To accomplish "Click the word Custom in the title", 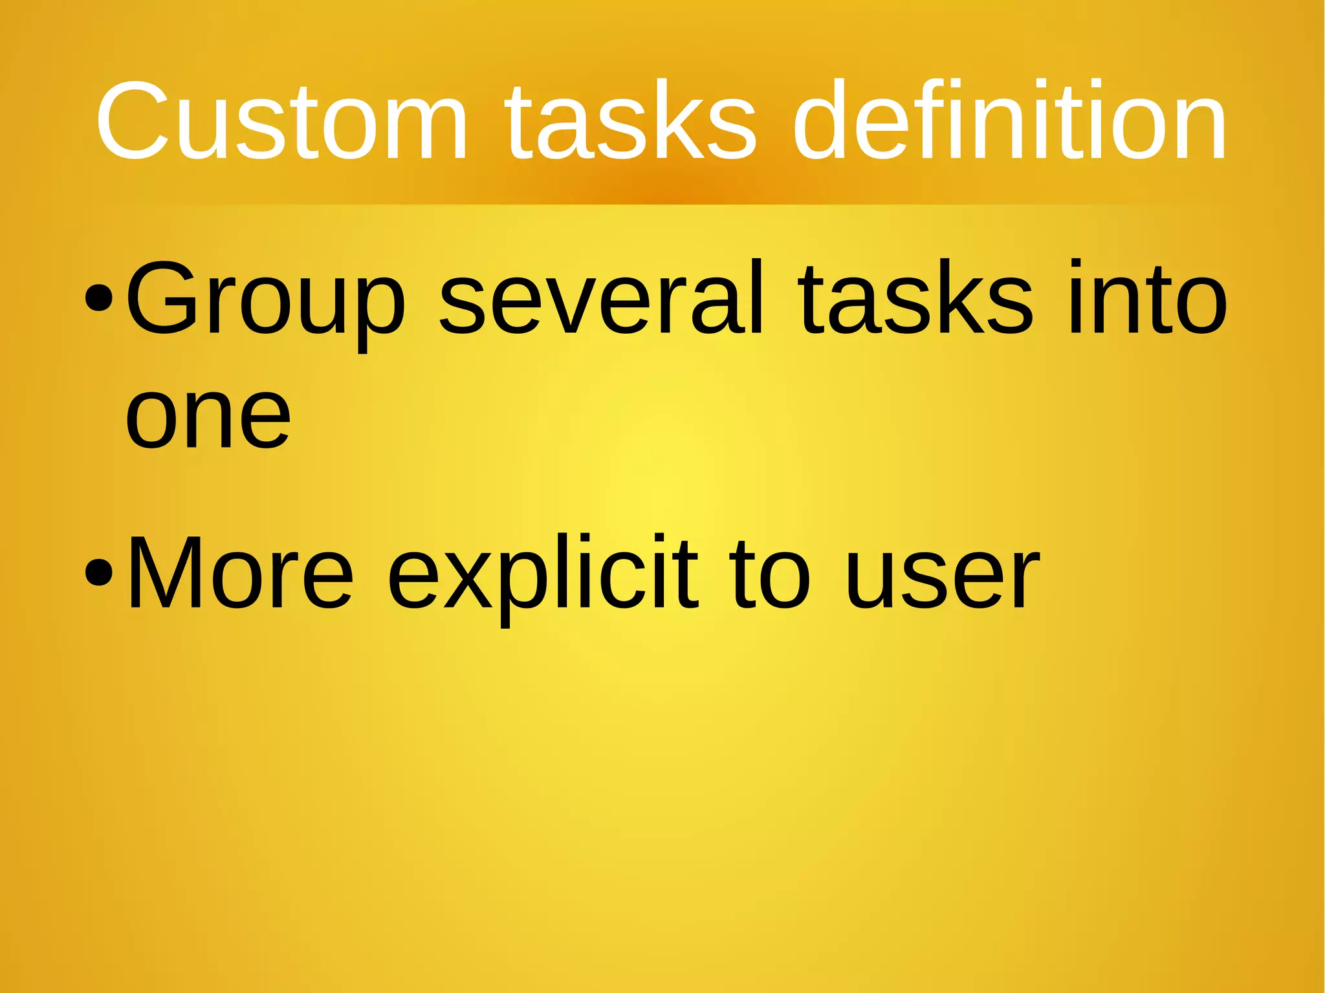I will point(281,121).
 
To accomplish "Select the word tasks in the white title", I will point(630,121).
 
